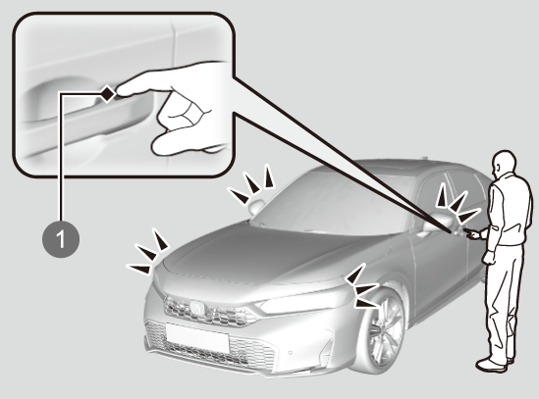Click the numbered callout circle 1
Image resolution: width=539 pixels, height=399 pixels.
(x=61, y=239)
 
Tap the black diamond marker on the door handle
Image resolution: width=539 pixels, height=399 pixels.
(x=108, y=93)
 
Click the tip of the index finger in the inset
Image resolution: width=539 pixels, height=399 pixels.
(x=118, y=91)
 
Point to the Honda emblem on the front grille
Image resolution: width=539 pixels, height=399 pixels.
(x=197, y=307)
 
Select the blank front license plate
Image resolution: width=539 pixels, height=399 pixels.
(x=197, y=337)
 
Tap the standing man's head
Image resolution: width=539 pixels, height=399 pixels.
(x=504, y=163)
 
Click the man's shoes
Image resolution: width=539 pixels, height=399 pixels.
(x=495, y=364)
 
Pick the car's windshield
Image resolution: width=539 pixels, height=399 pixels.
(x=330, y=203)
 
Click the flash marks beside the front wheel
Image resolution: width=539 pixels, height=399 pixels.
(x=362, y=286)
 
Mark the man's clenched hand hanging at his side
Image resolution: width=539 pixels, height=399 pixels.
(x=489, y=258)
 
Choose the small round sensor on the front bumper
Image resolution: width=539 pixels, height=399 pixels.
(x=291, y=352)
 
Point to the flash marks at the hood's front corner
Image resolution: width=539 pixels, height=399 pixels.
(x=148, y=252)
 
